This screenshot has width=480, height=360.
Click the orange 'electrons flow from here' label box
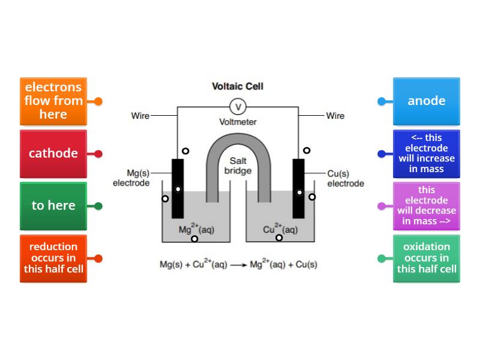tap(53, 101)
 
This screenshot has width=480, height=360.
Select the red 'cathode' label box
tap(53, 154)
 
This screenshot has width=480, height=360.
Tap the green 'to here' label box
tap(53, 206)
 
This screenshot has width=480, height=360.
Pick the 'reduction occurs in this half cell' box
tap(53, 258)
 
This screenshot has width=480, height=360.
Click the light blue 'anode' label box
tap(426, 101)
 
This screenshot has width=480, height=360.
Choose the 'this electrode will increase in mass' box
tap(426, 154)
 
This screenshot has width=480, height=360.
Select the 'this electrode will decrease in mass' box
tap(426, 206)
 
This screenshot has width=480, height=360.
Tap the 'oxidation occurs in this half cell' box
tap(426, 258)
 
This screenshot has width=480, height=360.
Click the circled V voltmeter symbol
tap(238, 107)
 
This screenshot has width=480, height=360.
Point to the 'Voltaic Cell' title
tap(238, 86)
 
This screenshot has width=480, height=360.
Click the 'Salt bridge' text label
tap(238, 166)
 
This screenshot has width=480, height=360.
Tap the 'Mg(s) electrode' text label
tap(131, 178)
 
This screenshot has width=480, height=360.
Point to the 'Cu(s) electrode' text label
tap(345, 178)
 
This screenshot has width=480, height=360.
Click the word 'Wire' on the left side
tap(140, 116)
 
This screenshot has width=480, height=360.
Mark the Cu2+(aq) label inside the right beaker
tap(280, 229)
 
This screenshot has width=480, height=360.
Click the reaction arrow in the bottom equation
tap(238, 265)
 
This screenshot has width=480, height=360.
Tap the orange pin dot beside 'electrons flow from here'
tap(98, 101)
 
